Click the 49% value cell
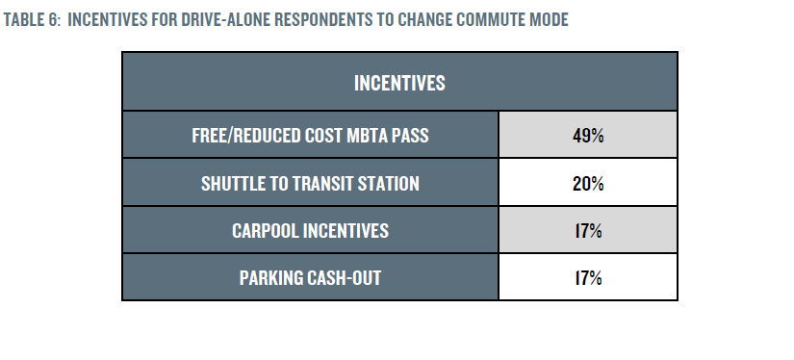[588, 136]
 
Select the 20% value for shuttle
[588, 183]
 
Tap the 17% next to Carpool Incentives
[588, 231]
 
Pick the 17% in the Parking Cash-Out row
[588, 278]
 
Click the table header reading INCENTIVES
[399, 83]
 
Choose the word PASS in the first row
[412, 136]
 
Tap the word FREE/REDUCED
[246, 136]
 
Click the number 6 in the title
[54, 20]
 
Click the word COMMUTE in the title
[489, 20]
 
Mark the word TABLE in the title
[23, 20]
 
